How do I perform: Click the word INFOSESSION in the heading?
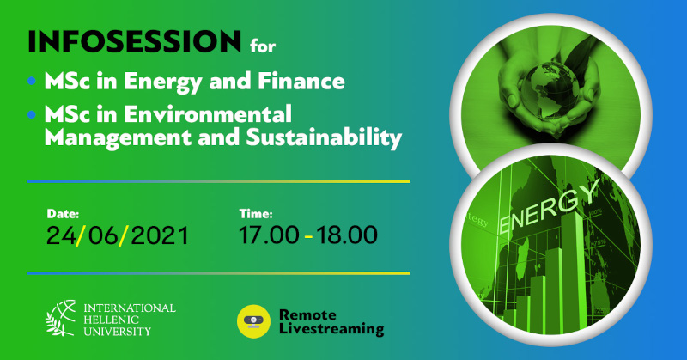tap(135, 41)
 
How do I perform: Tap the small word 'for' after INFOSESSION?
tap(263, 46)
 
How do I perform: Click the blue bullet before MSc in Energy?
tap(31, 81)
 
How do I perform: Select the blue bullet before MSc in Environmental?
tap(31, 115)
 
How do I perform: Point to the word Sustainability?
tap(324, 137)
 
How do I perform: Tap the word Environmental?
tap(208, 114)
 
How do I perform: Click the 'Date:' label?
tap(63, 214)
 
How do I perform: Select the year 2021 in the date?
tap(160, 235)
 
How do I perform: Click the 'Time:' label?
tap(256, 214)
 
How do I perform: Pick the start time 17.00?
tap(269, 235)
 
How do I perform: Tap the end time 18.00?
tap(347, 235)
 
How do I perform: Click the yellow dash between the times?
tap(308, 237)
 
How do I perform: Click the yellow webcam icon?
tap(253, 321)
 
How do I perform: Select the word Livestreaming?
tap(331, 329)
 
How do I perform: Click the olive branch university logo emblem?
tap(61, 318)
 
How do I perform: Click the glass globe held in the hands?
tap(544, 90)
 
